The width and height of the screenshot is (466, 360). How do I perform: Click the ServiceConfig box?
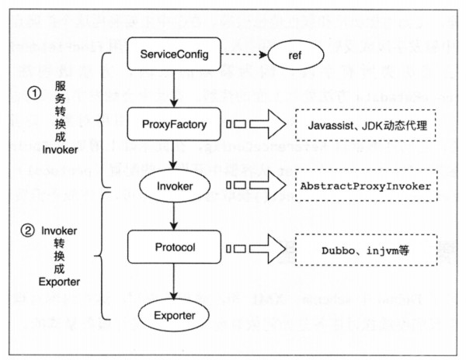click(x=176, y=55)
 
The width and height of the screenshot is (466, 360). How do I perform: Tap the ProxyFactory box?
click(x=176, y=124)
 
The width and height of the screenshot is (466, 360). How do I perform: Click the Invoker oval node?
click(x=176, y=186)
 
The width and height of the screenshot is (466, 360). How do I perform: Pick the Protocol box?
click(x=176, y=248)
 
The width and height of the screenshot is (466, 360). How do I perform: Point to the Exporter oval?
click(x=176, y=315)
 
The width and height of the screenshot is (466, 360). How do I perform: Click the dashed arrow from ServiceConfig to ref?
click(x=244, y=55)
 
